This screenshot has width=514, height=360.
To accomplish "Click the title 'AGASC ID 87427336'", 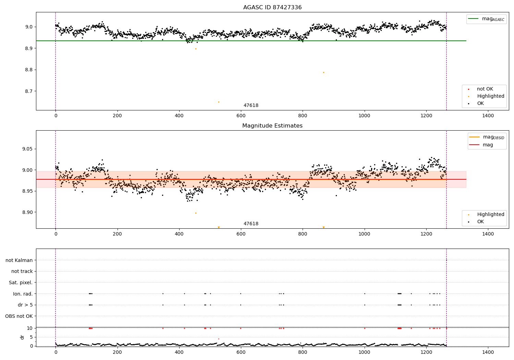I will pos(272,8).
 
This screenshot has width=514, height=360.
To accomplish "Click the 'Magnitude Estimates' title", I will pos(272,126).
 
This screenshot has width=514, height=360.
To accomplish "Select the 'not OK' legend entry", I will pos(485,89).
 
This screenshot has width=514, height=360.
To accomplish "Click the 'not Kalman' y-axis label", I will pos(19,260).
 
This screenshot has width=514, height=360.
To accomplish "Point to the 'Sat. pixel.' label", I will pos(21,283).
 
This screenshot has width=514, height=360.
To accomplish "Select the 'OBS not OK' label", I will pos(19,316).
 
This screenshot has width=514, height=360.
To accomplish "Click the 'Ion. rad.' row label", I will pos(23,294).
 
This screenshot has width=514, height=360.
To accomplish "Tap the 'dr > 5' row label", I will pos(25,305).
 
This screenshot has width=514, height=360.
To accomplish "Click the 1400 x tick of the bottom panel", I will pos(488,352).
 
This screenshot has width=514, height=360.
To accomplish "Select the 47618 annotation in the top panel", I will pos(251,106).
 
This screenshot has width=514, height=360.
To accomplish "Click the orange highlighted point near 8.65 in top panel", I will pos(219,102).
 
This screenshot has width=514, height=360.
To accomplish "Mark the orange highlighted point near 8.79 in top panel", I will pos(323,72).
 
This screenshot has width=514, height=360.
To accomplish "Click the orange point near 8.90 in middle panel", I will pos(196,213).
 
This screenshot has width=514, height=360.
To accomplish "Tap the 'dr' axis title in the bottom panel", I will pos(22,337).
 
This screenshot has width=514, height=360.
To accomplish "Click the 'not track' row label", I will pos(22,272).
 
